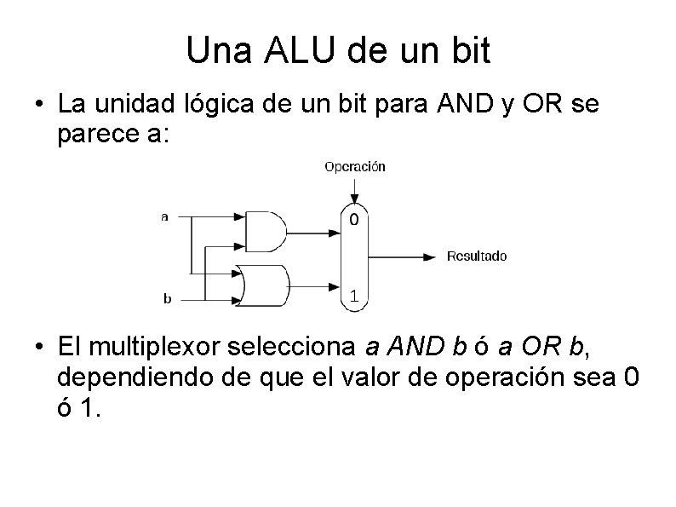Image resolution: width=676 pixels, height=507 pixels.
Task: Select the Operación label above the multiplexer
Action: (x=355, y=167)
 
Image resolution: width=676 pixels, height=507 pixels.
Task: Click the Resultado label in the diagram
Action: (x=477, y=256)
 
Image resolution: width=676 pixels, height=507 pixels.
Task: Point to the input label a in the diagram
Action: (x=164, y=216)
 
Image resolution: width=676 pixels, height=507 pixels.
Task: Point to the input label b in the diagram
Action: (x=168, y=298)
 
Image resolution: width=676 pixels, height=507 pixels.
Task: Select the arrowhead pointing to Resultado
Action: (x=433, y=256)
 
